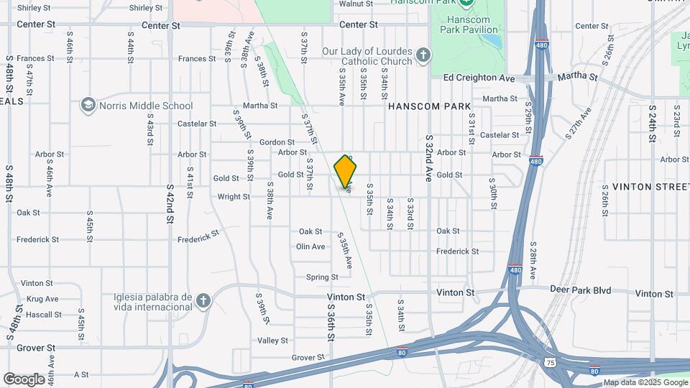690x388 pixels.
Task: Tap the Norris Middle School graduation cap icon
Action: (88, 106)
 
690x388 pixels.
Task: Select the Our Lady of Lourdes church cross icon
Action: (423, 55)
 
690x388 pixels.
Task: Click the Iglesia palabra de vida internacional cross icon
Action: (203, 300)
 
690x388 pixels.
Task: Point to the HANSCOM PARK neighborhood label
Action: (429, 106)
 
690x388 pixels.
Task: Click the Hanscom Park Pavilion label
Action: (471, 24)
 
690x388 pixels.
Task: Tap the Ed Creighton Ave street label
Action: (479, 78)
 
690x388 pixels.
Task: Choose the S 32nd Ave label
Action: (428, 157)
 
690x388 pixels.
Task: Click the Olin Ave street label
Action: (310, 246)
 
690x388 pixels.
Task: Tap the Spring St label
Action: (322, 277)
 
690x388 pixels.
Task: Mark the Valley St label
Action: (272, 341)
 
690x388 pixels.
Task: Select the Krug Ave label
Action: (42, 299)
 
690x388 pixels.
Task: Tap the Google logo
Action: (24, 379)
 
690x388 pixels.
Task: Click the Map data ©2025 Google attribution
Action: (645, 382)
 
